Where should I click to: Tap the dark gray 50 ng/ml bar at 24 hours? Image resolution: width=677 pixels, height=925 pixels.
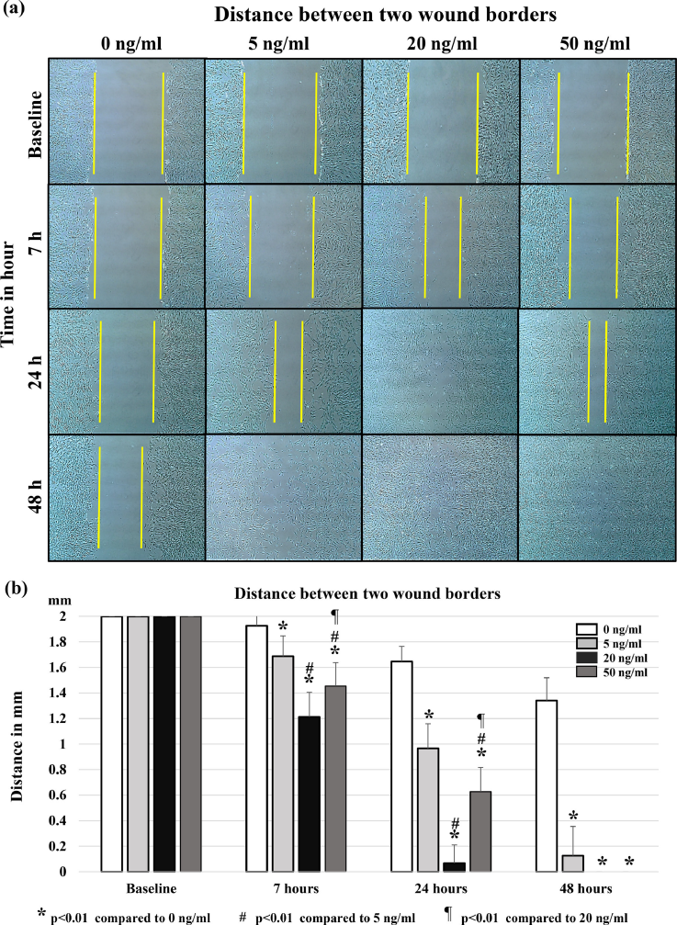point(480,819)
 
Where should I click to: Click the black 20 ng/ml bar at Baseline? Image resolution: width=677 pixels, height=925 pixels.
point(164,743)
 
